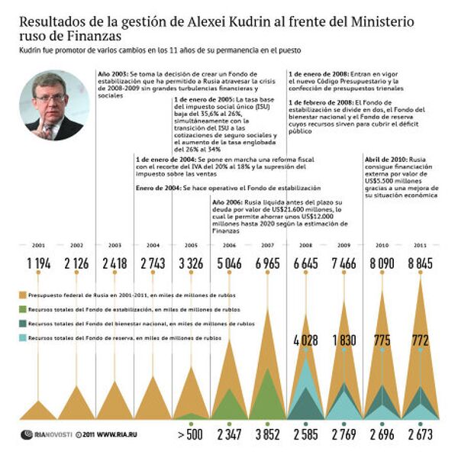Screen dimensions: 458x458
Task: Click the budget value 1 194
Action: point(38,264)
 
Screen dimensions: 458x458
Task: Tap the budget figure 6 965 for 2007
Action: point(268,264)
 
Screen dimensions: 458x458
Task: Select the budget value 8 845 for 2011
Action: point(421,264)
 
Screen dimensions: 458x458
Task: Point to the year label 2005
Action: point(192,245)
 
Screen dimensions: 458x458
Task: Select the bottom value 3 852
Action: point(268,436)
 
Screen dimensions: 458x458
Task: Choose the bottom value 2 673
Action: point(421,436)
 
